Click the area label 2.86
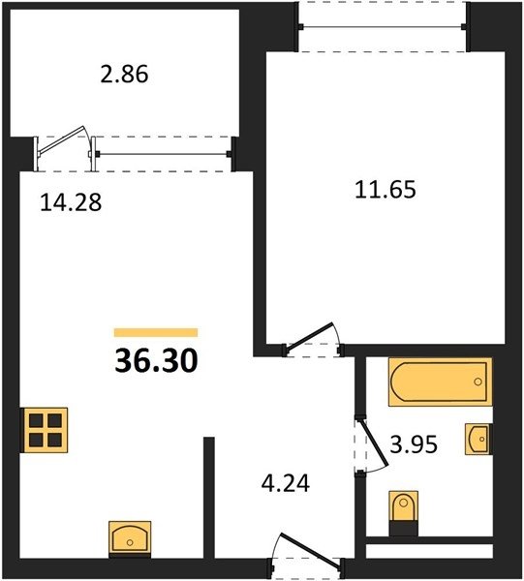point(125,74)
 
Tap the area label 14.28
point(71,202)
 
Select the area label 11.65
point(385,189)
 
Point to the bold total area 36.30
point(156,361)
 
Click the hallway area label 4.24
point(286,483)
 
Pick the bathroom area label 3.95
point(414,443)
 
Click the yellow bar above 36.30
point(156,332)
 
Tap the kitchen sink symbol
point(130,539)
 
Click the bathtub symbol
point(441,382)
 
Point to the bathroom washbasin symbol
point(478,439)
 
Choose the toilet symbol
point(404,513)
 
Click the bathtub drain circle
point(478,382)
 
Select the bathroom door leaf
point(374,442)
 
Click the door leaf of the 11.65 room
point(310,337)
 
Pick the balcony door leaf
point(62,138)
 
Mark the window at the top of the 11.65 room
point(383,27)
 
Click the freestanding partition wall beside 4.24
point(209,498)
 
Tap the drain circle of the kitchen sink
point(130,542)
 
